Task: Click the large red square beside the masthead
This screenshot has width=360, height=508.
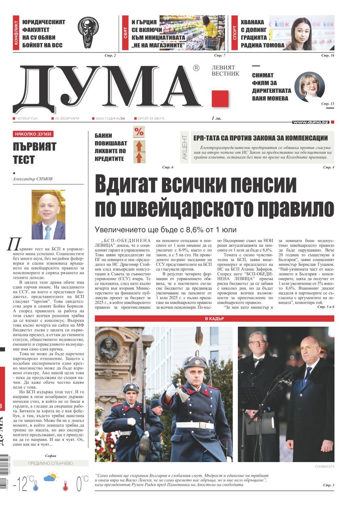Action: pyautogui.click(x=220, y=99)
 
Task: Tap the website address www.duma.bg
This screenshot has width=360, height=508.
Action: pyautogui.click(x=310, y=122)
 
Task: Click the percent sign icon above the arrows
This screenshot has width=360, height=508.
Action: pyautogui.click(x=138, y=132)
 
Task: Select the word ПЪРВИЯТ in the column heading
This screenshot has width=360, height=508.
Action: pyautogui.click(x=34, y=147)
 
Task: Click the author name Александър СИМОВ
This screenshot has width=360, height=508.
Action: pyautogui.click(x=33, y=179)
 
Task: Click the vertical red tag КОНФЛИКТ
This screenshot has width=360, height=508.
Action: pyautogui.click(x=16, y=33)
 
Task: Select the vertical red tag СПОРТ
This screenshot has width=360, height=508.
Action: pyautogui.click(x=234, y=33)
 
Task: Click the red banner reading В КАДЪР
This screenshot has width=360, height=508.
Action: pyautogui.click(x=214, y=319)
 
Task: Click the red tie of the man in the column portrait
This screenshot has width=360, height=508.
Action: pyautogui.click(x=48, y=231)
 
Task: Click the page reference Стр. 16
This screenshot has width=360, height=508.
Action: pyautogui.click(x=328, y=55)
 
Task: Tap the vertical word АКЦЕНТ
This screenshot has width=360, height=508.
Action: pyautogui.click(x=184, y=147)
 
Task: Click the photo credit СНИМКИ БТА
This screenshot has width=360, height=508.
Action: pyautogui.click(x=324, y=466)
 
